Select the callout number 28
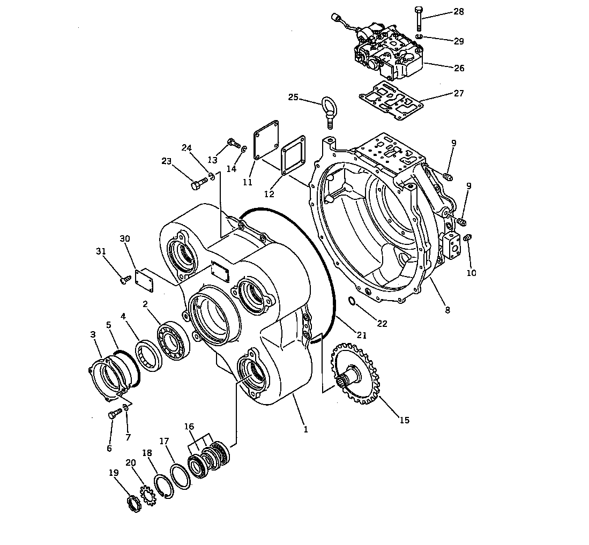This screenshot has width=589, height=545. [459, 12]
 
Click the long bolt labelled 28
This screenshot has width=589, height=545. [419, 19]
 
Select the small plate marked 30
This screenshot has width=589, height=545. [145, 280]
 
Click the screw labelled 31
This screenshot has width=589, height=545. [125, 279]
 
